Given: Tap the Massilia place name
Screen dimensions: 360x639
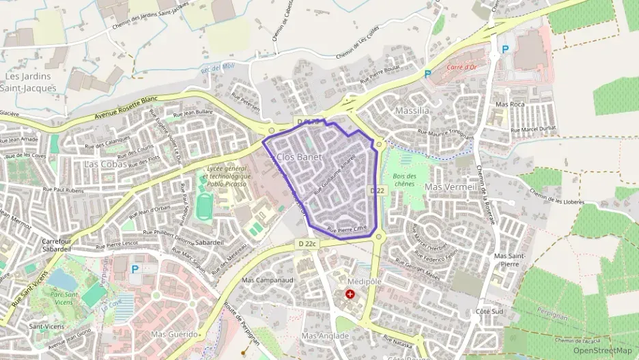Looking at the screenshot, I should [412, 110].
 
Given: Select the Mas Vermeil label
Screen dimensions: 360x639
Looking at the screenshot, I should [450, 186].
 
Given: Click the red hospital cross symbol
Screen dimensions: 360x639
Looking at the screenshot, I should [350, 294].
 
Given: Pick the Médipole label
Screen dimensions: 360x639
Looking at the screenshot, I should [364, 281].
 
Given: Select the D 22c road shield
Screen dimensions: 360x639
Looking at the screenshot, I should [307, 243].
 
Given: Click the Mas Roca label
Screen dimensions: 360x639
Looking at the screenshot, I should [511, 104].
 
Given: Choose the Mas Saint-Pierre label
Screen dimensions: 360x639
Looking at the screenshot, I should [506, 260].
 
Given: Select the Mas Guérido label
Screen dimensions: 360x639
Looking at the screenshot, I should [174, 335].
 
